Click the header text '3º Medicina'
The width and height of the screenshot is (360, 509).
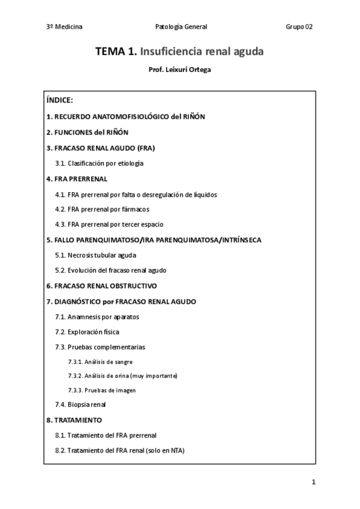pyautogui.click(x=64, y=26)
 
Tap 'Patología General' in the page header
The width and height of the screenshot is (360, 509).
pyautogui.click(x=181, y=26)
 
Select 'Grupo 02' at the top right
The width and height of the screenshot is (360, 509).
pyautogui.click(x=299, y=26)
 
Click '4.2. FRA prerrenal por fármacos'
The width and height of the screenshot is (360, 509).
pyautogui.click(x=102, y=209)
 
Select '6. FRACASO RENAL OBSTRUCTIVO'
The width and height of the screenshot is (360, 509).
pyautogui.click(x=101, y=286)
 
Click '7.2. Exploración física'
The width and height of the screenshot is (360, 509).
pyautogui.click(x=87, y=331)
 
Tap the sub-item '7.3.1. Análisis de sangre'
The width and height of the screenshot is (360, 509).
pyautogui.click(x=100, y=362)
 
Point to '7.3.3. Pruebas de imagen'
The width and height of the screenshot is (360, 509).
pyautogui.click(x=101, y=390)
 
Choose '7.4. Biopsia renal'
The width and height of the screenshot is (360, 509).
pyautogui.click(x=80, y=405)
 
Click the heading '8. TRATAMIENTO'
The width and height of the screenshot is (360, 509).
pyautogui.click(x=74, y=420)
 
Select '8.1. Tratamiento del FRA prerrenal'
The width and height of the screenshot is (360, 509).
pyautogui.click(x=106, y=435)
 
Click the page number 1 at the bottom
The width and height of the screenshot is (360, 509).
pyautogui.click(x=313, y=481)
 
